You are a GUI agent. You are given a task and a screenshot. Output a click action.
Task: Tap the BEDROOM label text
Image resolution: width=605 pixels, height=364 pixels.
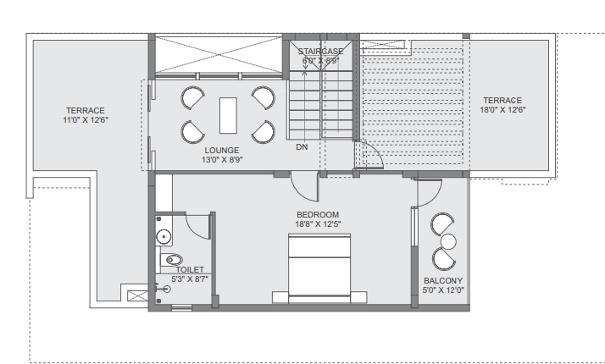pyautogui.click(x=318, y=214)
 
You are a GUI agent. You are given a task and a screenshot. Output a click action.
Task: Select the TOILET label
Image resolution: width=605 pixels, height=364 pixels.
pyautogui.click(x=190, y=269)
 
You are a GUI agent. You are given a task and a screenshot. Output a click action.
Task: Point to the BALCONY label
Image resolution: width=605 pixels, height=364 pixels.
pyautogui.click(x=442, y=281)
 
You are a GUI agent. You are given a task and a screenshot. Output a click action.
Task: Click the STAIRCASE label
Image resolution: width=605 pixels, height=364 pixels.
pyautogui.click(x=320, y=52)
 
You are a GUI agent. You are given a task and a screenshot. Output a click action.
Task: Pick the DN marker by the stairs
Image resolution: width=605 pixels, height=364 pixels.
pyautogui.click(x=302, y=146)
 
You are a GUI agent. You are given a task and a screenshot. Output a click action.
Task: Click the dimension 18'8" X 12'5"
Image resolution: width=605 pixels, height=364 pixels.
pyautogui.click(x=318, y=224)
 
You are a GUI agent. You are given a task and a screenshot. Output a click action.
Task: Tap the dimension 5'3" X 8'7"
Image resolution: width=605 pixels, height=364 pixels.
pyautogui.click(x=190, y=279)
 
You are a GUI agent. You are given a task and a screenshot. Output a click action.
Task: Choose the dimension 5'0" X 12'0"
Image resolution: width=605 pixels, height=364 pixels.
pyautogui.click(x=442, y=291)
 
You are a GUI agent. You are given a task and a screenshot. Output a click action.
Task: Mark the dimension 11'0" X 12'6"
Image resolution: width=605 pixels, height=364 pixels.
pyautogui.click(x=86, y=120)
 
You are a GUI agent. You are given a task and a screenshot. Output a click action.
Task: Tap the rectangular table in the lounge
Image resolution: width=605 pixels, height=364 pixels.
pyautogui.click(x=228, y=115)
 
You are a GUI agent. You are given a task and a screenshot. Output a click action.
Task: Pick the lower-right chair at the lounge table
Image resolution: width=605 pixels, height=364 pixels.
pyautogui.click(x=264, y=131)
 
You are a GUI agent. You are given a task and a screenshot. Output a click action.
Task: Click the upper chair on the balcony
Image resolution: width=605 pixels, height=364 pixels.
pyautogui.click(x=442, y=225)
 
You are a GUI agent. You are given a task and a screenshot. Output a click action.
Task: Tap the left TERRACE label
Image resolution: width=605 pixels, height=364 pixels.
pyautogui.click(x=86, y=110)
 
